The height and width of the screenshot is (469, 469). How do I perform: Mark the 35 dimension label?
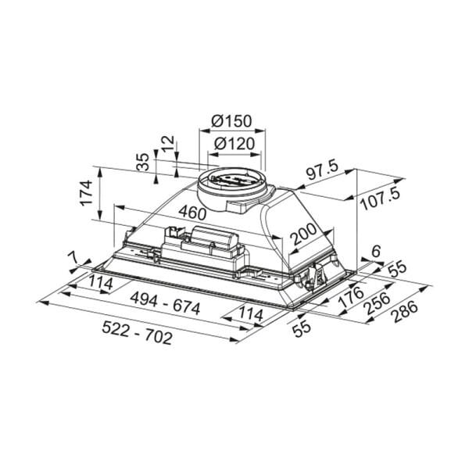[x=143, y=161]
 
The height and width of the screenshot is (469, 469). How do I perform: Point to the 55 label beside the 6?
[x=398, y=267]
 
